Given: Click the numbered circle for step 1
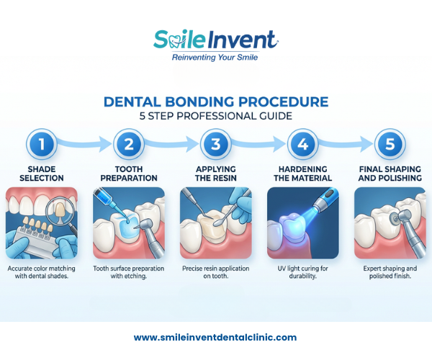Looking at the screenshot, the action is point(42,144).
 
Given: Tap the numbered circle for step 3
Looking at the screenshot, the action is point(216,144).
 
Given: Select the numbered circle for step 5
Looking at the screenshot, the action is point(390,144).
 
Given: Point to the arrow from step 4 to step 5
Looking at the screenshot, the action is point(346,143).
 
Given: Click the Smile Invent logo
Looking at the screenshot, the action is point(216,40).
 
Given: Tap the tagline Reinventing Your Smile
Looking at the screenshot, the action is point(215,58).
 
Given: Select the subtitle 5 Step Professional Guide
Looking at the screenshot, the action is point(216,116).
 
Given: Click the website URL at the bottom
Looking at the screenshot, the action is point(215,338).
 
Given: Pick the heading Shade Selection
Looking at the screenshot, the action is point(42,174).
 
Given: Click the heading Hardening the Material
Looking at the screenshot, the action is point(303,174).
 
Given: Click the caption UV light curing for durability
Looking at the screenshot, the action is point(303,272).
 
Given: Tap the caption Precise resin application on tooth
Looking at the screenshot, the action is point(216,272).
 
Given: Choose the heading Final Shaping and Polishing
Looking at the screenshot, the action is point(390,174).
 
